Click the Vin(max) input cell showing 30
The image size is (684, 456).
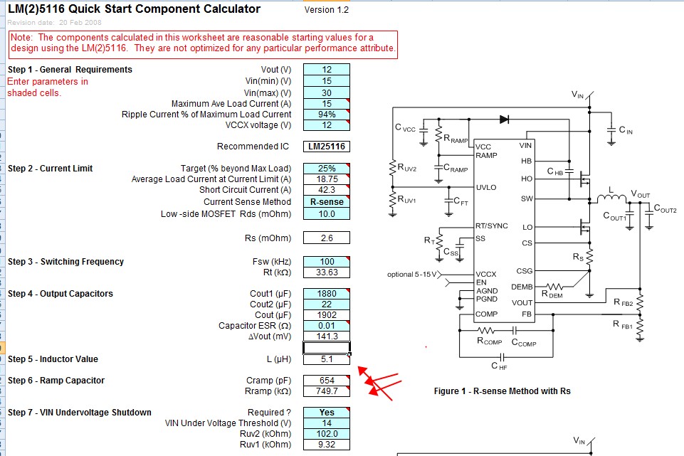pyautogui.click(x=326, y=93)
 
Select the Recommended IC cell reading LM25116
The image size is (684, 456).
pyautogui.click(x=326, y=147)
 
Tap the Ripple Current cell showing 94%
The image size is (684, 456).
pyautogui.click(x=326, y=115)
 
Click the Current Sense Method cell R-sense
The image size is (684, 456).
pyautogui.click(x=326, y=202)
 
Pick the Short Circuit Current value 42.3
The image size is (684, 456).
pyautogui.click(x=326, y=190)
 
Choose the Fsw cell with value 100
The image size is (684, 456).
pyautogui.click(x=326, y=262)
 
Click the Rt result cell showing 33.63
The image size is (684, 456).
pyautogui.click(x=326, y=272)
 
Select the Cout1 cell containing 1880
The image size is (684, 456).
pyautogui.click(x=326, y=294)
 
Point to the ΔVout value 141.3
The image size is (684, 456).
pyautogui.click(x=326, y=336)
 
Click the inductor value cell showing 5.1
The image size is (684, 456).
pyautogui.click(x=326, y=359)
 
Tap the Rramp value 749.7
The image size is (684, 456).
pyautogui.click(x=326, y=391)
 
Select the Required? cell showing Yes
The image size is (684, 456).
pyautogui.click(x=326, y=413)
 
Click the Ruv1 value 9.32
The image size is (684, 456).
pyautogui.click(x=326, y=445)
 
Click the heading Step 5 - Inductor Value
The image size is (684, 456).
pyautogui.click(x=53, y=359)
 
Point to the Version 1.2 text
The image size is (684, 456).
pyautogui.click(x=326, y=10)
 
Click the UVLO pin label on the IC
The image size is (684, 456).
pyautogui.click(x=486, y=188)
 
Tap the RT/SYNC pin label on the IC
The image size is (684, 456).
pyautogui.click(x=492, y=226)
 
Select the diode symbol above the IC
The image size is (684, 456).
pyautogui.click(x=504, y=119)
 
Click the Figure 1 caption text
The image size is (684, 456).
pyautogui.click(x=502, y=391)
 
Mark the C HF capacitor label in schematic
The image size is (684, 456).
pyautogui.click(x=499, y=366)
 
